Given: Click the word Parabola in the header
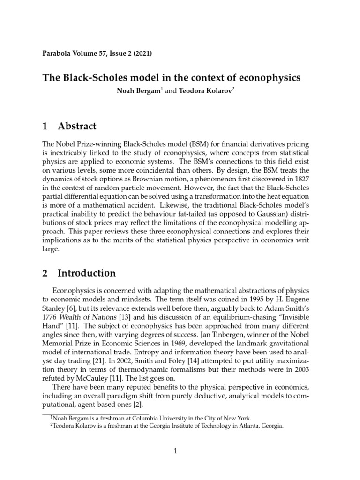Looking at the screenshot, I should point(58,54).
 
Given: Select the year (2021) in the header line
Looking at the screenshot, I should point(141,54).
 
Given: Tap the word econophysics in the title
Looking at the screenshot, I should point(263,77).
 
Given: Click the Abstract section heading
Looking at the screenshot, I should point(77,126).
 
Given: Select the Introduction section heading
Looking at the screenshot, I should point(87,273).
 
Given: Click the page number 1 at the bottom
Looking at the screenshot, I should point(175,451).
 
